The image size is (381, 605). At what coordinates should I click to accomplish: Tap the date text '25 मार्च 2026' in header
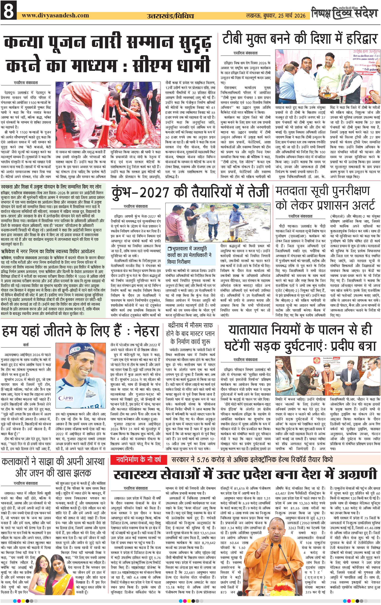click(292, 16)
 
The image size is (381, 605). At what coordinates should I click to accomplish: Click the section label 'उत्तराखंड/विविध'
click(170, 16)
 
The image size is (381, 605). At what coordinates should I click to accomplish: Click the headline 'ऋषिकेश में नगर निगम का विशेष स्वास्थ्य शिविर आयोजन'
click(48, 251)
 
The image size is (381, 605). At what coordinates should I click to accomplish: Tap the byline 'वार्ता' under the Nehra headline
click(26, 345)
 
